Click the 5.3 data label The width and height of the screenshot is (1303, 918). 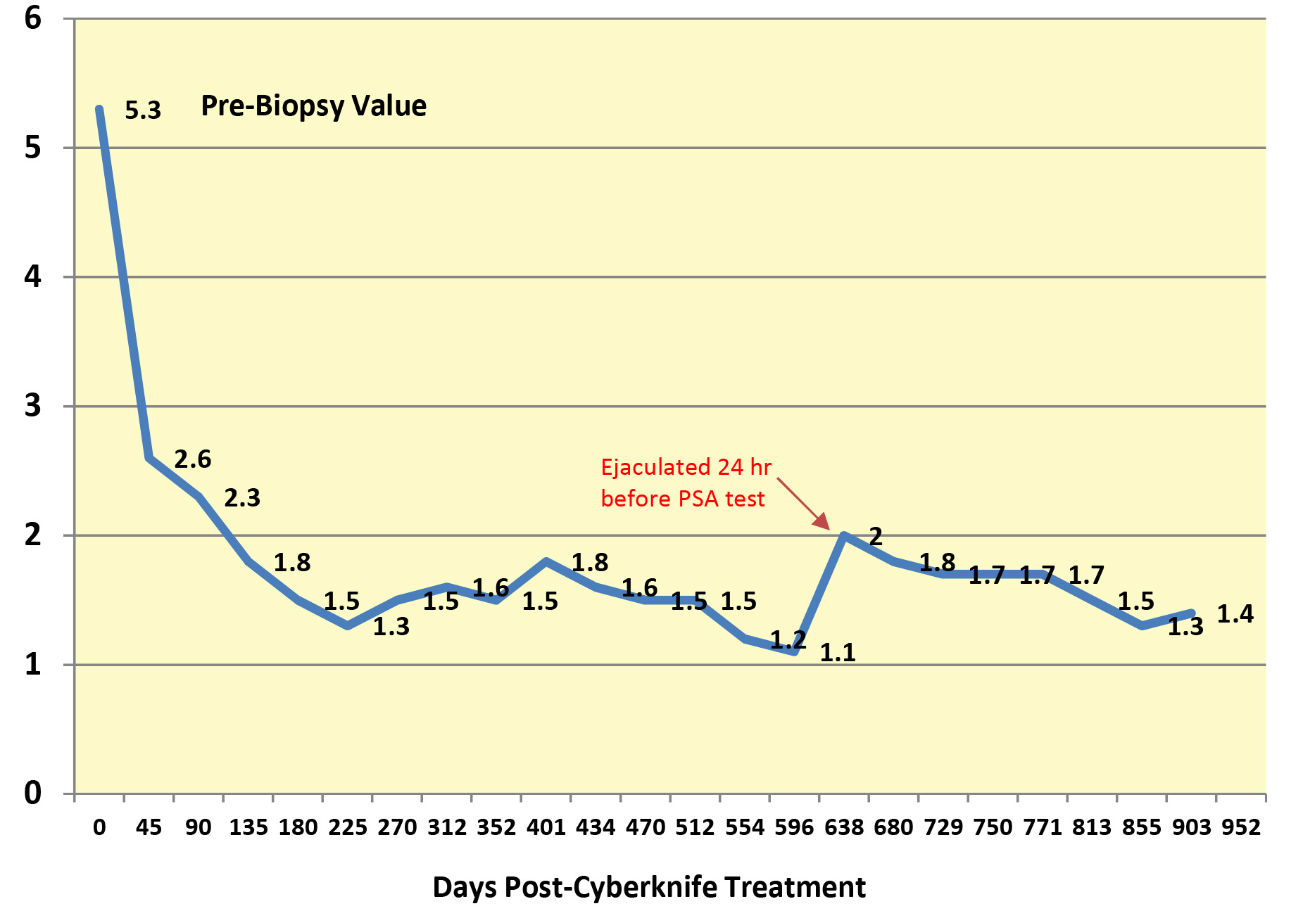pyautogui.click(x=143, y=110)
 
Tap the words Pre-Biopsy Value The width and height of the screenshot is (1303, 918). pyautogui.click(x=313, y=106)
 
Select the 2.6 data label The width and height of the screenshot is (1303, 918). pyautogui.click(x=192, y=459)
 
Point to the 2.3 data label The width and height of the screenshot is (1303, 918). pyautogui.click(x=242, y=498)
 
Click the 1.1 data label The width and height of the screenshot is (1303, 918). pyautogui.click(x=838, y=653)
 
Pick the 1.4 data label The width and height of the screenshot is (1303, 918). pyautogui.click(x=1235, y=614)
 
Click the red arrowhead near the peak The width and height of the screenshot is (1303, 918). pyautogui.click(x=822, y=522)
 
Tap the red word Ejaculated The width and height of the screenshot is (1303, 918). pyautogui.click(x=655, y=467)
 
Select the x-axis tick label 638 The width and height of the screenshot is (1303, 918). pyautogui.click(x=843, y=827)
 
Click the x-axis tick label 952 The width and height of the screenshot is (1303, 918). pyautogui.click(x=1241, y=827)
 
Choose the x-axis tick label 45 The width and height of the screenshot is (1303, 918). pyautogui.click(x=149, y=827)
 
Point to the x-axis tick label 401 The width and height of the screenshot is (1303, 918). pyautogui.click(x=546, y=827)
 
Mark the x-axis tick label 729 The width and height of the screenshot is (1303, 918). pyautogui.click(x=943, y=827)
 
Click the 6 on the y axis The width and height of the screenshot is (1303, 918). pyautogui.click(x=32, y=18)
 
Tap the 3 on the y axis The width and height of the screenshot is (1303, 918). pyautogui.click(x=32, y=406)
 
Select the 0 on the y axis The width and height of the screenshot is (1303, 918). pyautogui.click(x=32, y=793)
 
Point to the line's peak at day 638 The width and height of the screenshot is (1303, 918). pyautogui.click(x=843, y=535)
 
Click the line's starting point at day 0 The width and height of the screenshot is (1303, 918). pyautogui.click(x=99, y=109)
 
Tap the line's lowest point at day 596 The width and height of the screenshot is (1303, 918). pyautogui.click(x=794, y=651)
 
